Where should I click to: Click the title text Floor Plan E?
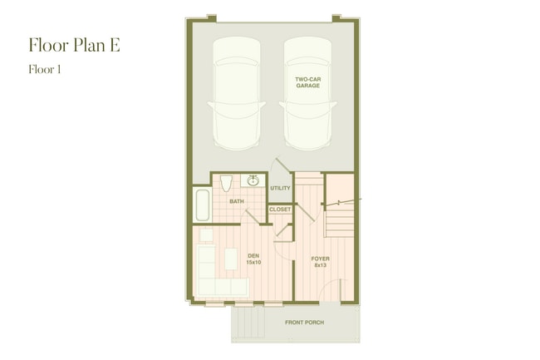coord(74,45)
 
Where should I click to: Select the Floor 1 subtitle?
coord(45,70)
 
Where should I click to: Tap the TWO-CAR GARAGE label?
coord(308,82)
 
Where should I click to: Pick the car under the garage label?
coord(308,104)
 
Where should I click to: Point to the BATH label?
coord(237,201)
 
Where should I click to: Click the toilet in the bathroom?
coord(227,183)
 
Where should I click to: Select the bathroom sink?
coord(253,180)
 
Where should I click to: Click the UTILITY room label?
coord(280,189)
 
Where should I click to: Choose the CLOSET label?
coord(280,210)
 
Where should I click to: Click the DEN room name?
coord(253,255)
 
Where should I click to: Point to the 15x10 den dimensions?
coord(253,263)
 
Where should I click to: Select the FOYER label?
coord(320,259)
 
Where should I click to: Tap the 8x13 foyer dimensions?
coord(320,266)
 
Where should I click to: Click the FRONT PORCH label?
coord(304,323)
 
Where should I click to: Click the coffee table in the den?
coord(230,259)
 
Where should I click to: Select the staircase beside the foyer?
coord(340,220)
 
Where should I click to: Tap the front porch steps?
coord(246,323)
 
